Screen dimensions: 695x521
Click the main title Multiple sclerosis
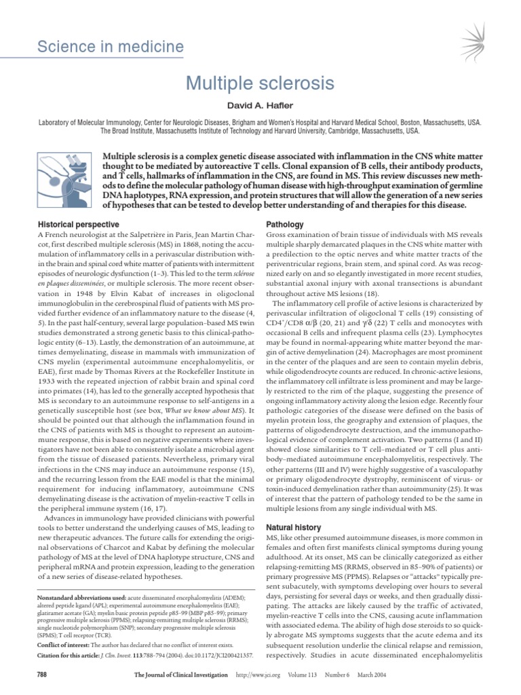pyautogui.click(x=260, y=84)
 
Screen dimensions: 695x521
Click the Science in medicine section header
pyautogui.click(x=110, y=47)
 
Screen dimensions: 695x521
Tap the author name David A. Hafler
pyautogui.click(x=260, y=108)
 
